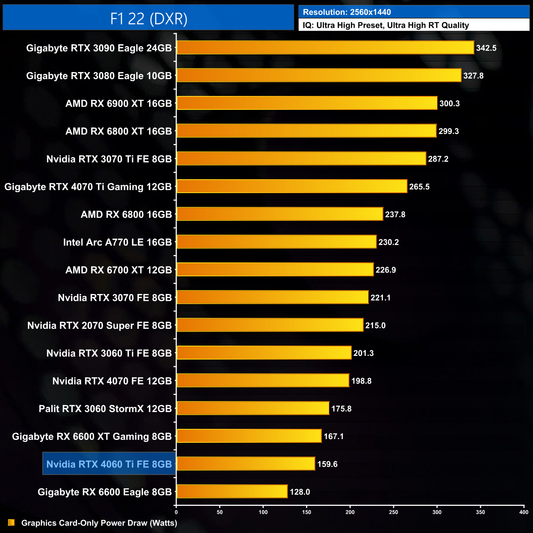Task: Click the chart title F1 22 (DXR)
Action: [148, 19]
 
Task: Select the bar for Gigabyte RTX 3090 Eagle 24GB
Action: [325, 48]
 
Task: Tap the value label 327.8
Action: [473, 76]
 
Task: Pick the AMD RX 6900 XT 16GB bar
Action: [307, 103]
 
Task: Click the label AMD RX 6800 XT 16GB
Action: [118, 131]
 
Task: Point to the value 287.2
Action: [438, 159]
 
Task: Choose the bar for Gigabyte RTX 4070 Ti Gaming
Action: [292, 187]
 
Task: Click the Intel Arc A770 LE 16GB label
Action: [117, 242]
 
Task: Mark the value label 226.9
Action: [385, 270]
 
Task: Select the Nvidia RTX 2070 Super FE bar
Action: [270, 325]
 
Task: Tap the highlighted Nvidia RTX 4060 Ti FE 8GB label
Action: [109, 464]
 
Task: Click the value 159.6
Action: [327, 464]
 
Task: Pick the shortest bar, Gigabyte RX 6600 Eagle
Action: [232, 492]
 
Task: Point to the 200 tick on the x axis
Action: [350, 512]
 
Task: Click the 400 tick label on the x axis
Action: [524, 512]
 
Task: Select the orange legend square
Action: [11, 522]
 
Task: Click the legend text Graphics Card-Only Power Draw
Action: [99, 523]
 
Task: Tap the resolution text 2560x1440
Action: [370, 12]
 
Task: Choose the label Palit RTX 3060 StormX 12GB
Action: [105, 409]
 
